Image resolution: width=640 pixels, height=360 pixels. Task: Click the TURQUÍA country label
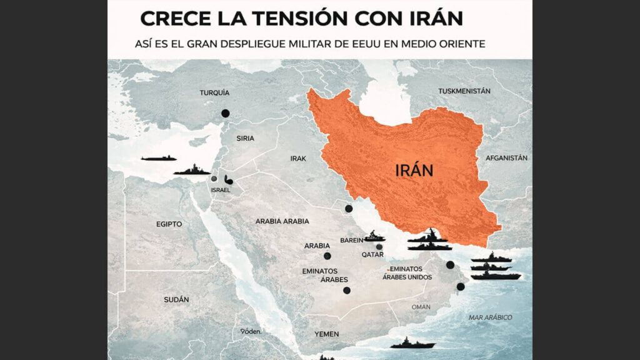pos(214,92)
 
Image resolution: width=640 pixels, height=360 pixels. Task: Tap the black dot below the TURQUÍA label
pos(225,114)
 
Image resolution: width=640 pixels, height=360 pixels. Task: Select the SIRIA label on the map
pos(245,139)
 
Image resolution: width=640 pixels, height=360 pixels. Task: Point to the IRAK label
pos(298,159)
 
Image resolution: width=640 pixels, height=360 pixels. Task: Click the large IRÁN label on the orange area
pos(414,169)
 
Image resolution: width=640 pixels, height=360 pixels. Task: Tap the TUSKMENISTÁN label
pos(464,91)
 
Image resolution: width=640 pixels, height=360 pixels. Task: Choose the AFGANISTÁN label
pos(507,158)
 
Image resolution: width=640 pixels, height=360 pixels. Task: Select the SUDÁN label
pos(176,299)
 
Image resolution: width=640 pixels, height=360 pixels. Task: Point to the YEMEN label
pos(327,334)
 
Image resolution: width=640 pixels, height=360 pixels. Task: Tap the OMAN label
pos(421,307)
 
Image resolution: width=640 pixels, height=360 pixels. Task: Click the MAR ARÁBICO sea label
pos(491,317)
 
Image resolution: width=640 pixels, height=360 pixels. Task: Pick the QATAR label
pos(372,255)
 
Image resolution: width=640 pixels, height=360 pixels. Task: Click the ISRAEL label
pos(221,190)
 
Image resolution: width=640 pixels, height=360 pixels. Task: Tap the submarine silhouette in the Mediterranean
pos(158,158)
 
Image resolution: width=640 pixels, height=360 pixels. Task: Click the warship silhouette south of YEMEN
pos(412,343)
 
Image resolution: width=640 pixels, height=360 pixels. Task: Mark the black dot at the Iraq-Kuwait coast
pos(349,208)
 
